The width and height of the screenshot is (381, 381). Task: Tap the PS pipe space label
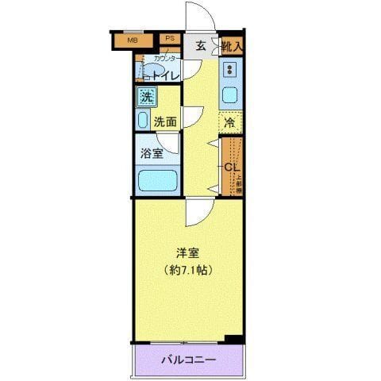pos(169,38)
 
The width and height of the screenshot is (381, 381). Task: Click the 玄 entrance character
pos(201,46)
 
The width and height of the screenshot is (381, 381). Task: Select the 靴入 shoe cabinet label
pos(232,46)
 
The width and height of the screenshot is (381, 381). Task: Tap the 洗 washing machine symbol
pos(147,97)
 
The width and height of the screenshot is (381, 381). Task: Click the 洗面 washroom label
pos(164,122)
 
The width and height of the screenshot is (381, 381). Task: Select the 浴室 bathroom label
pos(152,153)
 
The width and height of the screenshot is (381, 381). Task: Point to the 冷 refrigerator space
pos(229,123)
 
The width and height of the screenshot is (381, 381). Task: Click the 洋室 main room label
pos(188,253)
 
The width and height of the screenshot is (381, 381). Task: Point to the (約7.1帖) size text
pos(188,270)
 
